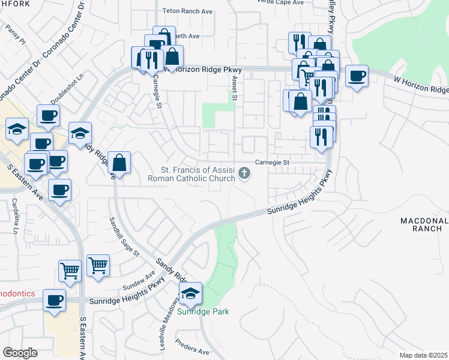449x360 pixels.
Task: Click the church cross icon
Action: (244, 173)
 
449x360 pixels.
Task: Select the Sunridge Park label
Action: (203, 311)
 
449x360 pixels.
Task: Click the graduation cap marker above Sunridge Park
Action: (190, 294)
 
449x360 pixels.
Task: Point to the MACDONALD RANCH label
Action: (424, 225)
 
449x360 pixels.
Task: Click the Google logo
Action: (20, 352)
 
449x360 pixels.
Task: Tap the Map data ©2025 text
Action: (423, 355)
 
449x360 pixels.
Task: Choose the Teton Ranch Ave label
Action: (188, 11)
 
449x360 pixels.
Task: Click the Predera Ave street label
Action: (192, 347)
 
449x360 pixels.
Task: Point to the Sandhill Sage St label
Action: (124, 236)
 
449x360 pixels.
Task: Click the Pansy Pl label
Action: (16, 35)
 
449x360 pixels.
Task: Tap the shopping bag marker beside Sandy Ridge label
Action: (119, 162)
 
